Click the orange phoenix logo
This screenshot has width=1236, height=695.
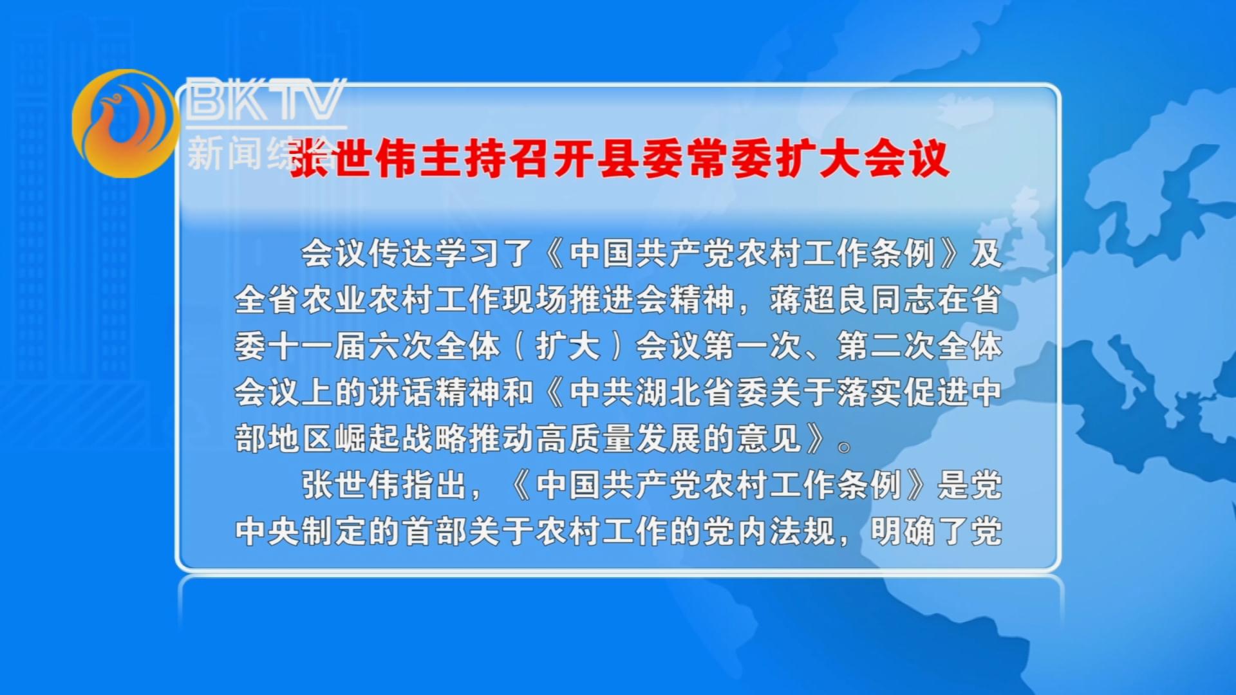(124, 123)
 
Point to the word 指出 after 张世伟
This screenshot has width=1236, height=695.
(435, 485)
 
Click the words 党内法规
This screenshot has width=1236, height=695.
(769, 532)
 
